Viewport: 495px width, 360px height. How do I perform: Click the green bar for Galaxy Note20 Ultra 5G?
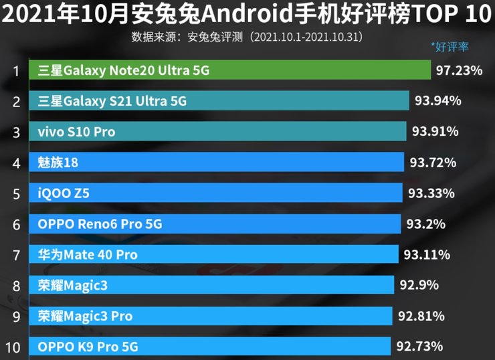(321, 70)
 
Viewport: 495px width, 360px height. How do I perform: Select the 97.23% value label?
(459, 70)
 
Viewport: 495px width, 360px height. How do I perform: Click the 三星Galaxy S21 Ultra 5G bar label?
(112, 101)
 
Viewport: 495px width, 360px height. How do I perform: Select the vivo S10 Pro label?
(76, 132)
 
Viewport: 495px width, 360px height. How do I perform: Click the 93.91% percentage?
(435, 132)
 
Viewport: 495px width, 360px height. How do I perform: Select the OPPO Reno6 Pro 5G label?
(100, 224)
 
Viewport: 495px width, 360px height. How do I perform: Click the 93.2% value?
(425, 224)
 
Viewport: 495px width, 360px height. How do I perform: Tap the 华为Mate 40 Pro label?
(88, 255)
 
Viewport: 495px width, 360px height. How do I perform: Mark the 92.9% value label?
(419, 286)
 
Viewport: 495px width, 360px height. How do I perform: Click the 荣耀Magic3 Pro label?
(85, 316)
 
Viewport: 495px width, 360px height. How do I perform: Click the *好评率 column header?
(450, 46)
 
